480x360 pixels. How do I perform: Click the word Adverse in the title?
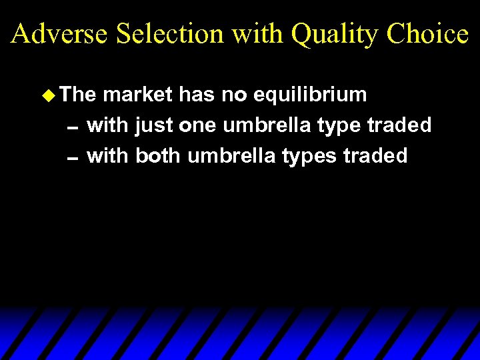[x=59, y=33]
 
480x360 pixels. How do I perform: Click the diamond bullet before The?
[x=46, y=95]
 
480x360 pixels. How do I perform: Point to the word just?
[x=154, y=126]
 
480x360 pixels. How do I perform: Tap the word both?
[x=159, y=156]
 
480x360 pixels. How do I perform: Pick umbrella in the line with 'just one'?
[x=269, y=125]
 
